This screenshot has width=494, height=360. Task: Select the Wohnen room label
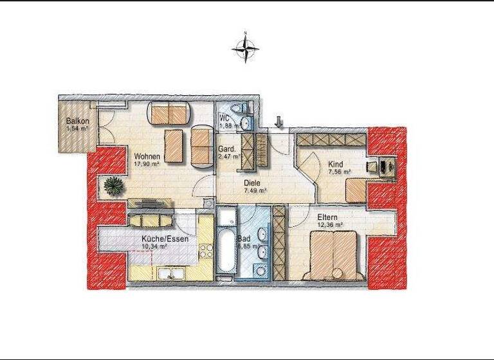point(147,156)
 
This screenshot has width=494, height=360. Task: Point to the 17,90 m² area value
point(147,164)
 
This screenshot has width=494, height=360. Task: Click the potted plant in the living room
point(114,185)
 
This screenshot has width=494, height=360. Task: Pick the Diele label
point(252,183)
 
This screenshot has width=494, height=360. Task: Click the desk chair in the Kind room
point(372,165)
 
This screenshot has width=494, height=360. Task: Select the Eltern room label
point(327,217)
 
